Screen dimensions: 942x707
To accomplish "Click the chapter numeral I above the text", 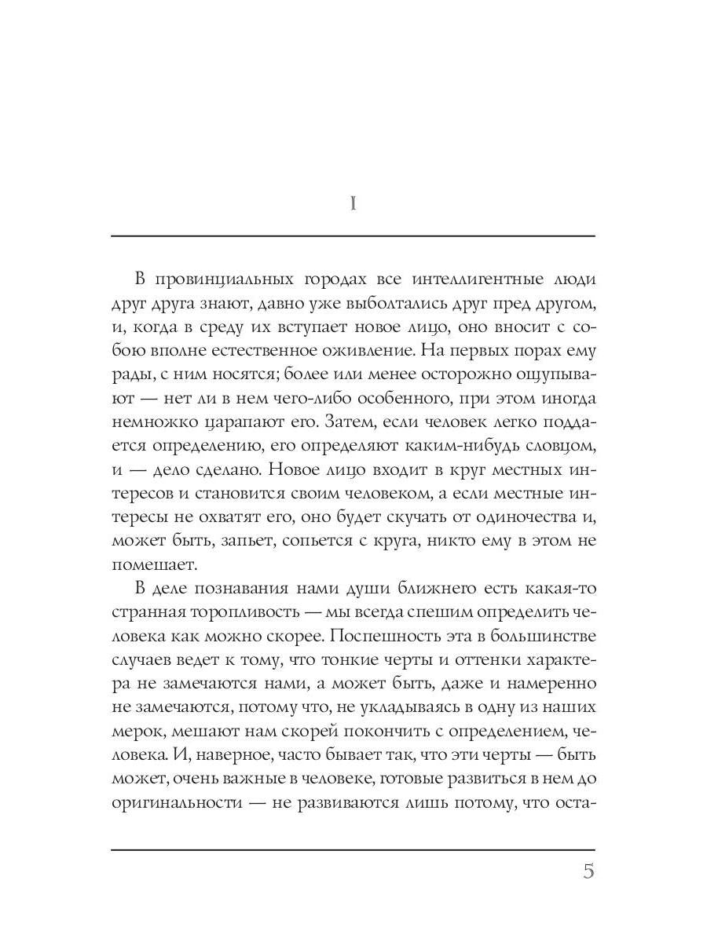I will [x=353, y=203].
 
